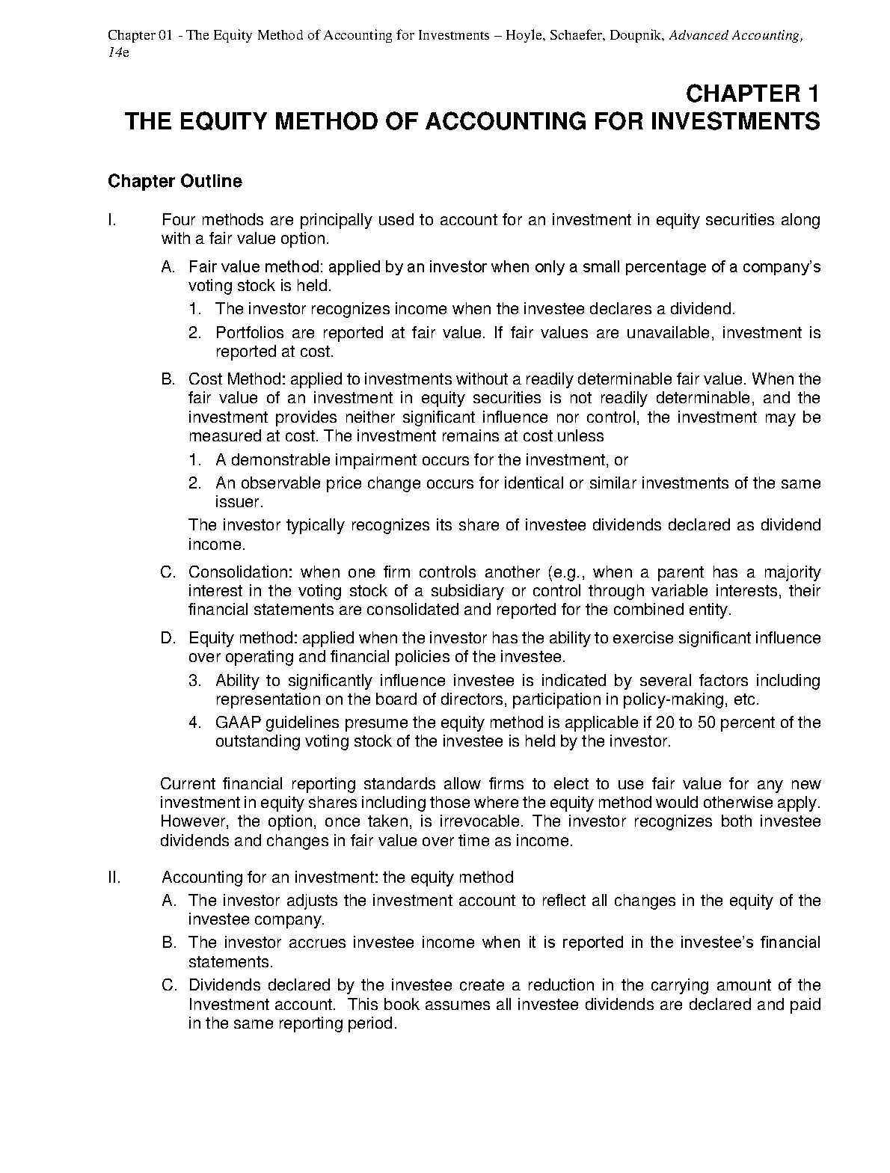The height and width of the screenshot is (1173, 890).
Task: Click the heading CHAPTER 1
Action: pos(752,94)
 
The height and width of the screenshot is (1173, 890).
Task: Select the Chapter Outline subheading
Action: pos(175,182)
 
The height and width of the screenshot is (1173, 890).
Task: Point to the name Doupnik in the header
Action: pos(636,36)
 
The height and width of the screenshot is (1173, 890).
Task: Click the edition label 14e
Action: pos(118,55)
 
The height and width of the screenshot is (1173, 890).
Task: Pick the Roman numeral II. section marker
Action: pos(114,877)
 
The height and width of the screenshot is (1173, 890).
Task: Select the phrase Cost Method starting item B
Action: pos(230,379)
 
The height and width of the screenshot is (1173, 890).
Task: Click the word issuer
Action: pos(239,502)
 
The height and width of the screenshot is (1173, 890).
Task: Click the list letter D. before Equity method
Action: pos(168,638)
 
